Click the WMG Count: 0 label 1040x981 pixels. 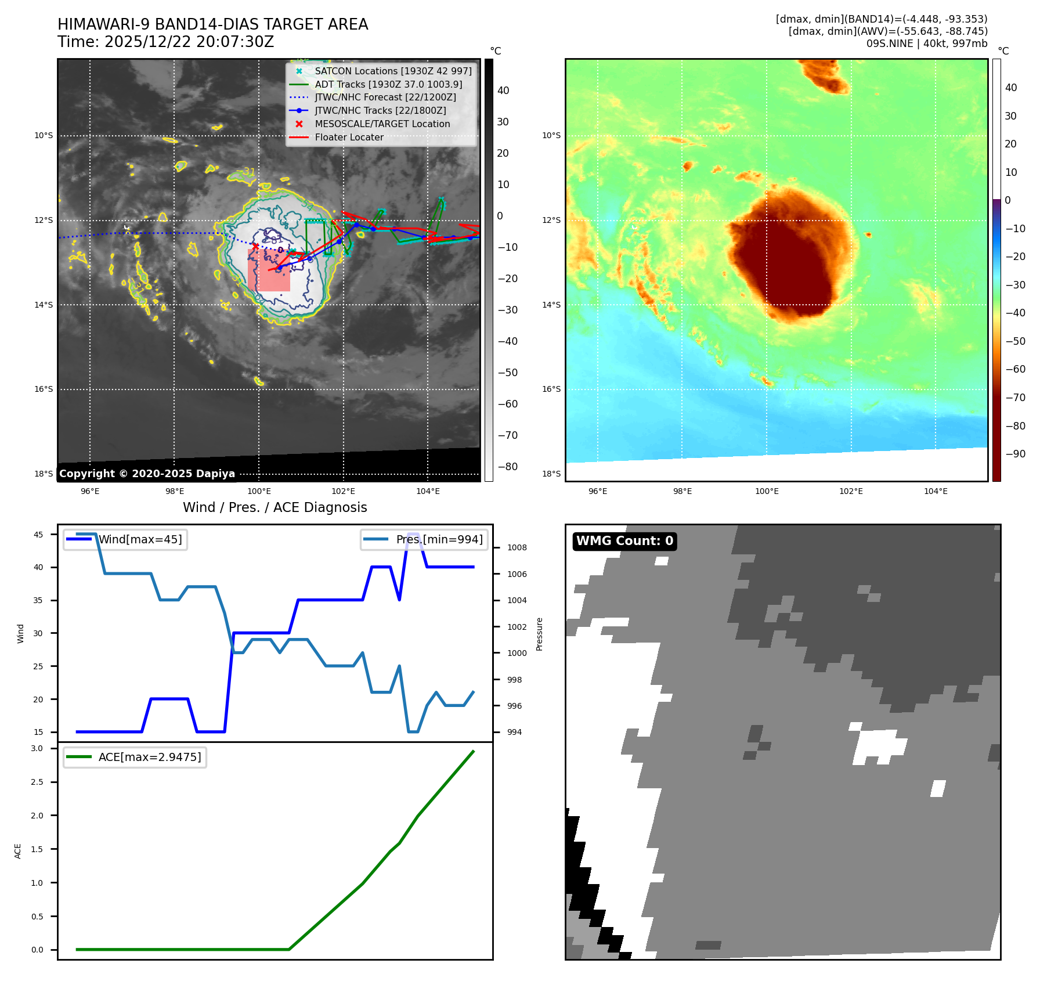pyautogui.click(x=624, y=541)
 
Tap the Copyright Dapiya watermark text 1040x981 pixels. pyautogui.click(x=147, y=474)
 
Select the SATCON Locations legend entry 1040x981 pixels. pyautogui.click(x=393, y=71)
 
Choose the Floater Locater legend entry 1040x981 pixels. pyautogui.click(x=349, y=138)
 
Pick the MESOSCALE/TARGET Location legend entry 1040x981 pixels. pyautogui.click(x=382, y=124)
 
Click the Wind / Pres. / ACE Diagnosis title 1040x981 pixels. pyautogui.click(x=275, y=507)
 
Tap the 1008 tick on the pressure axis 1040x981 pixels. pyautogui.click(x=517, y=547)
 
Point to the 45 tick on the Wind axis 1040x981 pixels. pyautogui.click(x=38, y=535)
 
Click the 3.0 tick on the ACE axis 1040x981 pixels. pyautogui.click(x=37, y=749)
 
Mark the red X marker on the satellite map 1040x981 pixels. pyautogui.click(x=255, y=246)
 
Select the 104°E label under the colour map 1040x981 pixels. pyautogui.click(x=936, y=492)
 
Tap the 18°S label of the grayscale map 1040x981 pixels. pyautogui.click(x=44, y=474)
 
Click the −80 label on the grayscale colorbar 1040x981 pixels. pyautogui.click(x=507, y=467)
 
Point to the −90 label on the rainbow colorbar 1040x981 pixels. pyautogui.click(x=1015, y=454)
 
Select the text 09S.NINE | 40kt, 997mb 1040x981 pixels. pyautogui.click(x=926, y=44)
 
